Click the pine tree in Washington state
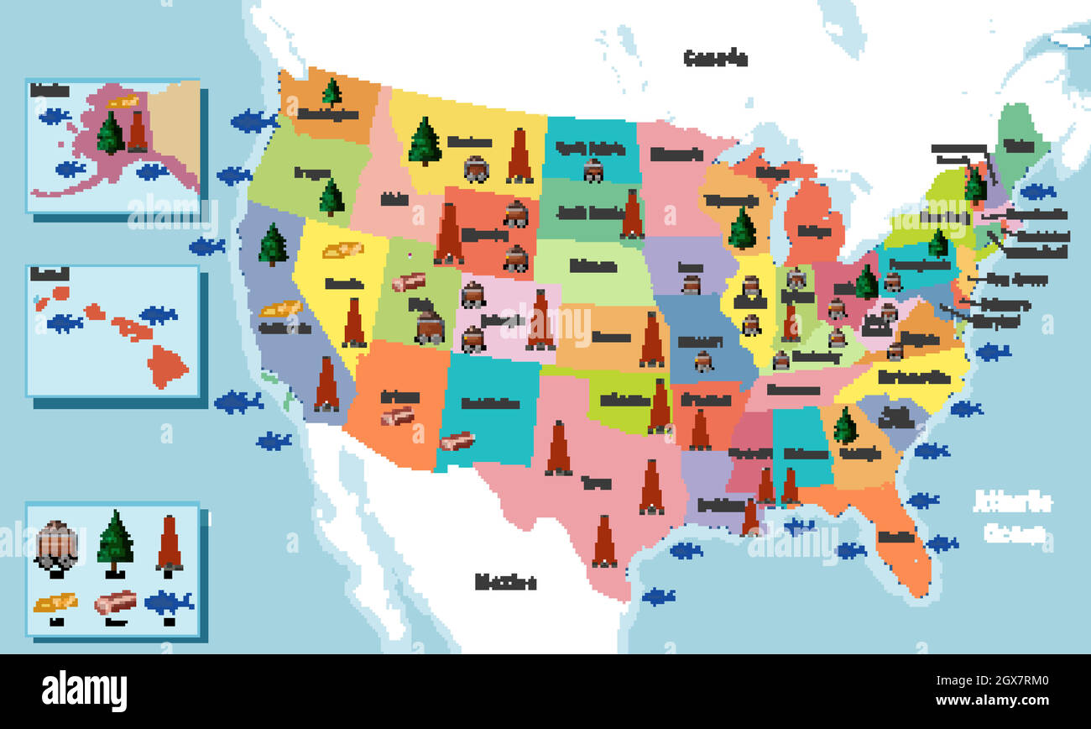331,92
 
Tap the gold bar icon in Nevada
342,249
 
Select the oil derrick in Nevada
354,323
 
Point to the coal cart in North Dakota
593,170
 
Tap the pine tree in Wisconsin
742,228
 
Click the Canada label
715,58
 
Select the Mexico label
505,581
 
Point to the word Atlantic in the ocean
1012,502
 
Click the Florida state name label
896,536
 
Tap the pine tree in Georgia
845,427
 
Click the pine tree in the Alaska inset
111,134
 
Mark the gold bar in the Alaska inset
123,102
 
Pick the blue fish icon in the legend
169,602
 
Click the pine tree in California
273,245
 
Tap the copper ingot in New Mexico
457,441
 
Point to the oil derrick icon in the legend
170,543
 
